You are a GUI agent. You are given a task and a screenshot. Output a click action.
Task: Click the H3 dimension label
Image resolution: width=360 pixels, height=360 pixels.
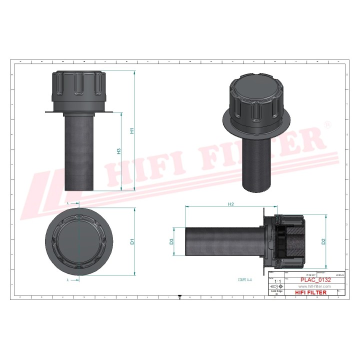click(x=119, y=151)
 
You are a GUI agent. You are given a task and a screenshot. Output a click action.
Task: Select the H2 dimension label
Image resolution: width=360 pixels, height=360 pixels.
click(x=230, y=204)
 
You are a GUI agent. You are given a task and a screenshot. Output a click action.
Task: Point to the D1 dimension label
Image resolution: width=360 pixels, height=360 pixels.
click(x=132, y=241)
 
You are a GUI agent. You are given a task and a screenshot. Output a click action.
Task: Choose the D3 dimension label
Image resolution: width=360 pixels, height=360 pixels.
click(x=171, y=241)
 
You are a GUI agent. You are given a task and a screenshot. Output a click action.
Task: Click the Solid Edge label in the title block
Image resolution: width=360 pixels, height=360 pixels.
click(x=276, y=291)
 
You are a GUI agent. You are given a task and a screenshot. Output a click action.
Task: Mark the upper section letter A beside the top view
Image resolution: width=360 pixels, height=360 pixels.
click(x=67, y=204)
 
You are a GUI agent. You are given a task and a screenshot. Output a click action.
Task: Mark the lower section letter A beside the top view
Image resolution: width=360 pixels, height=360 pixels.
click(x=67, y=280)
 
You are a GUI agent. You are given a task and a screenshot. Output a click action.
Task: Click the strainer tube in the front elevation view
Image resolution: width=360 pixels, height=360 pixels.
click(x=79, y=152)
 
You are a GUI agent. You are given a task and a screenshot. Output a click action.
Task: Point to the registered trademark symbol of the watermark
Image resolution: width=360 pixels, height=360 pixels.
click(x=327, y=124)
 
